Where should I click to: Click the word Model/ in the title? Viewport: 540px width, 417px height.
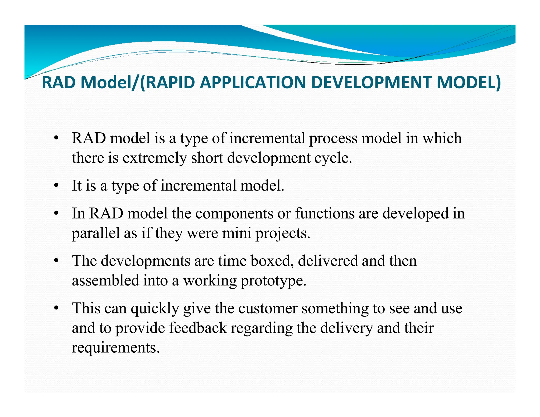pyautogui.click(x=110, y=83)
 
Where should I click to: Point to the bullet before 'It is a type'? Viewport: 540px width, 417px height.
pyautogui.click(x=56, y=186)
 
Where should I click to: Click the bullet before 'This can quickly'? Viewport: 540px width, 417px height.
pyautogui.click(x=56, y=308)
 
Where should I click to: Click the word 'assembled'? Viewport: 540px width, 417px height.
pyautogui.click(x=105, y=280)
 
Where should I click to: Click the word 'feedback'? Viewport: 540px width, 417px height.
pyautogui.click(x=198, y=328)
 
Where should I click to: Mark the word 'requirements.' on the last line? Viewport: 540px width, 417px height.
pyautogui.click(x=116, y=348)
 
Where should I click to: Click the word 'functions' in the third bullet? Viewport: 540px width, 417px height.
pyautogui.click(x=325, y=213)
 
